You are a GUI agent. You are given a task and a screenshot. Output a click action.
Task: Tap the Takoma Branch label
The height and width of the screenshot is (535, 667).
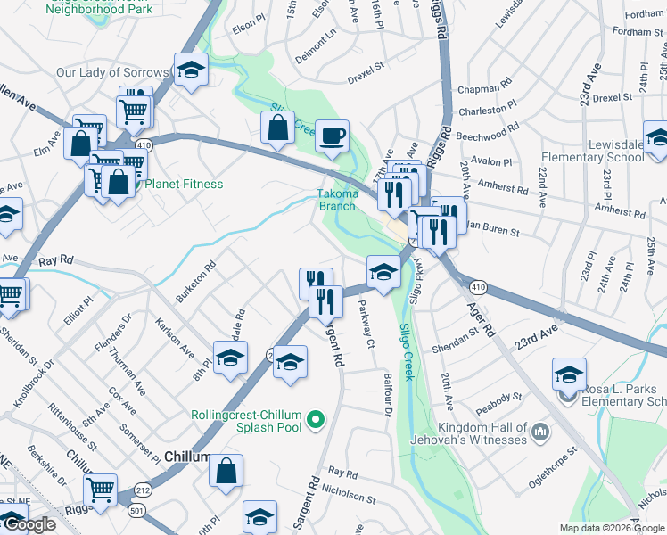338,200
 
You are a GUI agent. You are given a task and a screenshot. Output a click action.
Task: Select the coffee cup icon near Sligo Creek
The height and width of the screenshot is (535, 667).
332,136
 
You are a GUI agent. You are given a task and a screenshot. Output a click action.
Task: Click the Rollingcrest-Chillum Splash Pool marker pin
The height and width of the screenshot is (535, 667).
314,417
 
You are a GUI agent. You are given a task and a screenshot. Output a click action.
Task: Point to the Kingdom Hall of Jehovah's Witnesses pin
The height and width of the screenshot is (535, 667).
538,432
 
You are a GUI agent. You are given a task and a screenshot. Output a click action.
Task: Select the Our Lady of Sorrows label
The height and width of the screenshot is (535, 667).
111,72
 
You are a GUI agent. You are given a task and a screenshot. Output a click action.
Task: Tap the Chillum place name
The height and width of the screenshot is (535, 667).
188,457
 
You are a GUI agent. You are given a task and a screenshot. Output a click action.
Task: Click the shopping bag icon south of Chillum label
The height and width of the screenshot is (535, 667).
226,471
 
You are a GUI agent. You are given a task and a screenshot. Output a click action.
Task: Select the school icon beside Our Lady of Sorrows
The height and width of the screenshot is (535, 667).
190,70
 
